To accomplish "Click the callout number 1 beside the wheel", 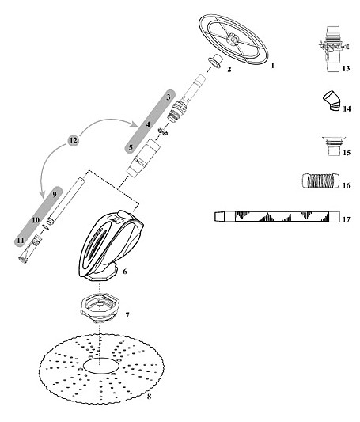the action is click(x=272, y=66).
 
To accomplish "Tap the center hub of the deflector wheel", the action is click(x=232, y=40).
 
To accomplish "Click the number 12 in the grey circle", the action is click(x=73, y=140).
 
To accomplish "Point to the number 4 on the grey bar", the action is click(x=148, y=124).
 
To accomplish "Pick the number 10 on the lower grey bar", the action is click(x=36, y=220).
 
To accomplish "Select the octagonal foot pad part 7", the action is click(x=100, y=307).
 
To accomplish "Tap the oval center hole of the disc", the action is click(x=100, y=366).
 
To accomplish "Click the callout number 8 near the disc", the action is click(x=150, y=397).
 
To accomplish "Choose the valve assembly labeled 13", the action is click(x=333, y=49).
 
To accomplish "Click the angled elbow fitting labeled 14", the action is click(x=332, y=101).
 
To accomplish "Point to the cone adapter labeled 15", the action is click(x=334, y=146).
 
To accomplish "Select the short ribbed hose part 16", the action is click(x=320, y=181).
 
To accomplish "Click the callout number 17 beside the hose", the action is click(x=347, y=219).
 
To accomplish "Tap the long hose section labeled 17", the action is click(x=277, y=216).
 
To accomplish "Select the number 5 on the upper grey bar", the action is click(x=131, y=147).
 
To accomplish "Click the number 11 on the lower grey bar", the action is click(x=21, y=240).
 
